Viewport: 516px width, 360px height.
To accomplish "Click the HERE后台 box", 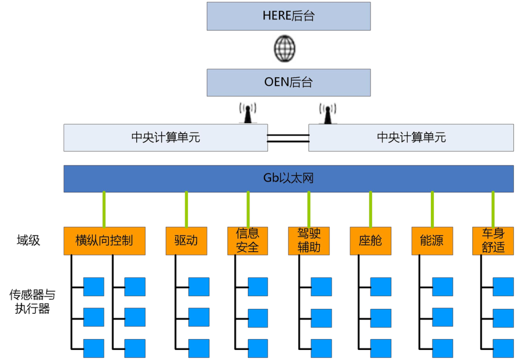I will click(289, 16).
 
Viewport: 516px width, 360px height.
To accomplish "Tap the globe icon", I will click(285, 48).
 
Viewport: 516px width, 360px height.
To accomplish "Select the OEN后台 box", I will click(289, 82).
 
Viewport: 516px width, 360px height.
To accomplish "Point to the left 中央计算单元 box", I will click(165, 138).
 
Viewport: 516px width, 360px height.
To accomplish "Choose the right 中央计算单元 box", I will click(411, 138).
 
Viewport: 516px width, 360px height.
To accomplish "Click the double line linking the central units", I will click(288, 138).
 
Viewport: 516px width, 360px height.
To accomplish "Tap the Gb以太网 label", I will click(289, 179).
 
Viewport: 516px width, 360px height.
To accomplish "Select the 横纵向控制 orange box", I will click(104, 241).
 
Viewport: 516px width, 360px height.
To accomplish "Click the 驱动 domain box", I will click(186, 241).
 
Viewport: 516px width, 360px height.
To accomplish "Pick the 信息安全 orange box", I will click(247, 241).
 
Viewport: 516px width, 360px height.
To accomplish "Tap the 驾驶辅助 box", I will click(309, 241).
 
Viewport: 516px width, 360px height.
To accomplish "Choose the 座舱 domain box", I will click(370, 241).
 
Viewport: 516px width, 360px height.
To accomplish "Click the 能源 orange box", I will click(432, 241).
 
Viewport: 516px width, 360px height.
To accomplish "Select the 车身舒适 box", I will click(493, 241).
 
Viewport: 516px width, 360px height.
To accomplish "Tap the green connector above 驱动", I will click(186, 209).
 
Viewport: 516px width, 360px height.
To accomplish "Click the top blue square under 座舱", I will click(381, 286).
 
